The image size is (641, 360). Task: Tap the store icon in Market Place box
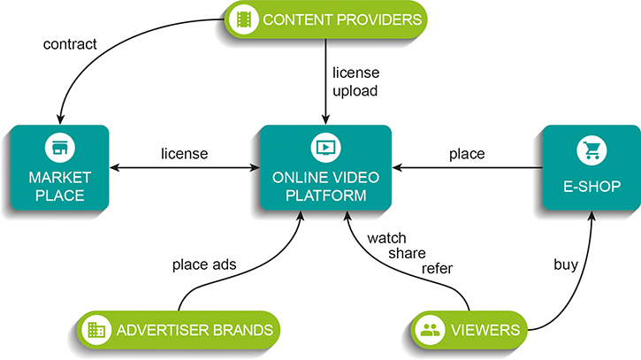click(x=60, y=148)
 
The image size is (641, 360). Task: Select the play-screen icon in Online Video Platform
click(x=325, y=147)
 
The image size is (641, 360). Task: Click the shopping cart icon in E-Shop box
click(x=591, y=151)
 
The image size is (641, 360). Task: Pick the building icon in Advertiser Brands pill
click(x=95, y=331)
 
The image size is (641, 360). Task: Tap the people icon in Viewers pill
click(x=431, y=331)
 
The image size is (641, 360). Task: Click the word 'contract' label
click(x=70, y=42)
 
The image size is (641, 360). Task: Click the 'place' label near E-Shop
click(x=467, y=154)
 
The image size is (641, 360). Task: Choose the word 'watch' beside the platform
click(x=387, y=238)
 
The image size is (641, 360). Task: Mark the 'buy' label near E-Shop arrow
click(x=566, y=264)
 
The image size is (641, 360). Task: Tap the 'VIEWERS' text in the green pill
click(x=485, y=331)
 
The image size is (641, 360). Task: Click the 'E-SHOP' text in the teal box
click(x=590, y=186)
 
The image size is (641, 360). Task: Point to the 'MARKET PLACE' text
click(x=59, y=186)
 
